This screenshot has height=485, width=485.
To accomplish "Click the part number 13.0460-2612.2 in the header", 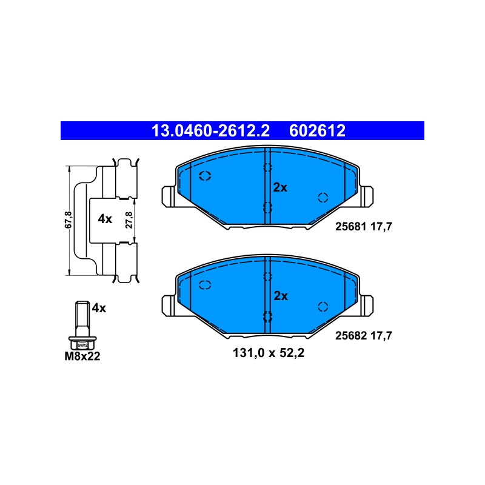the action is coord(210,131).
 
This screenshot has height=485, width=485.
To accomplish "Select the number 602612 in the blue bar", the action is coord(317,131).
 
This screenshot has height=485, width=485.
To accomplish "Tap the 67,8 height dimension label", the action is coord(68,220).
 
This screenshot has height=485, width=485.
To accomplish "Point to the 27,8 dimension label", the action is coord(129,220).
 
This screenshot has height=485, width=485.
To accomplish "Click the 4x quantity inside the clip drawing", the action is coord(105,219).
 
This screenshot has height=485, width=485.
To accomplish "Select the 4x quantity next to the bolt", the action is coord(99,308).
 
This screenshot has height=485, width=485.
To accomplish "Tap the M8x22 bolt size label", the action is coord(82,356).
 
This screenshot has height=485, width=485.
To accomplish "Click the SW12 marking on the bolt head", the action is coord(82,345).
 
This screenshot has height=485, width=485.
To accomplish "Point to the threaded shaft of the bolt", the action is coord(82,319).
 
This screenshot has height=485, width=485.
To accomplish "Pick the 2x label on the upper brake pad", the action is coord(280,187).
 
